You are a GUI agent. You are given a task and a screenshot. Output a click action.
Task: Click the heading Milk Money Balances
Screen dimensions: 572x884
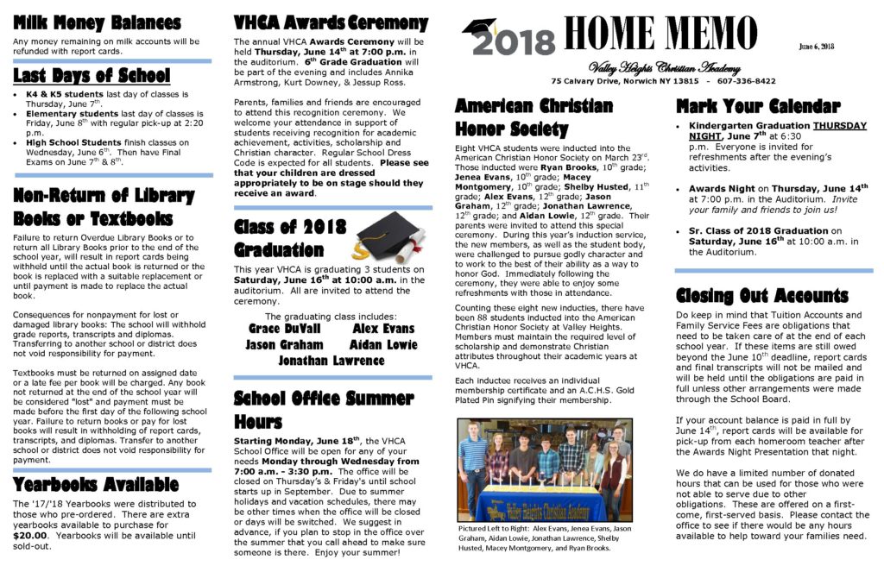(98, 23)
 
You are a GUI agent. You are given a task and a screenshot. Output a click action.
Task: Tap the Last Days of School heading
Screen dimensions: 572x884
(92, 75)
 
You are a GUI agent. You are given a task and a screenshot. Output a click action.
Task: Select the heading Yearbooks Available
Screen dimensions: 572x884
(96, 484)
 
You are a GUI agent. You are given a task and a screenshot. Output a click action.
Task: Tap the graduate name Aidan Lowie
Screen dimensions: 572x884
(383, 345)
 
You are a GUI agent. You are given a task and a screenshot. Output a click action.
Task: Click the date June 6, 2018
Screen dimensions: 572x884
(818, 46)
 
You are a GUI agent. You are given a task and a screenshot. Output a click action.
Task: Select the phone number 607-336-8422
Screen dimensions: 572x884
(746, 81)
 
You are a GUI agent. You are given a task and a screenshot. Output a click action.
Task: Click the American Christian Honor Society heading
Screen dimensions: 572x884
(534, 117)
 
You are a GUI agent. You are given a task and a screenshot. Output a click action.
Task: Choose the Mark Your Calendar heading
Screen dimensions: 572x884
(758, 107)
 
